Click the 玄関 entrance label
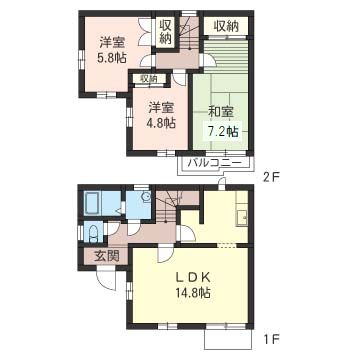[106, 256]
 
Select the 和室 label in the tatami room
[221, 112]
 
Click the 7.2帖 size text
[222, 132]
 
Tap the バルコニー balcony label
[214, 163]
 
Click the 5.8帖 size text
[112, 58]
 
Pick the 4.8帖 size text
[161, 123]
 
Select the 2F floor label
[270, 177]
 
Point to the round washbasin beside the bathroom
[145, 197]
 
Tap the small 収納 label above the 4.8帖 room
[148, 79]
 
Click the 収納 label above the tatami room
[226, 26]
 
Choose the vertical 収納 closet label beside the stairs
[165, 32]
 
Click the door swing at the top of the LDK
[166, 254]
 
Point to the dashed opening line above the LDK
[226, 245]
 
